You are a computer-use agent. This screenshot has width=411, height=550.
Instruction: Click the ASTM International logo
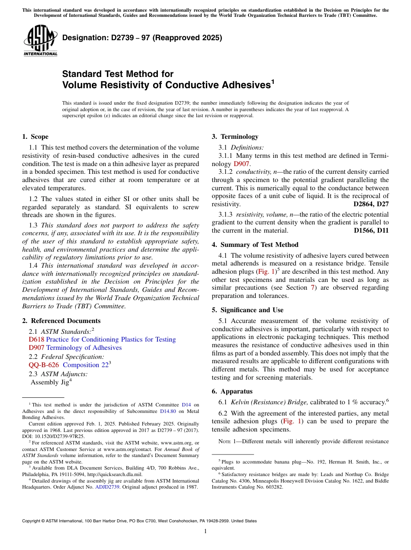tap(40, 41)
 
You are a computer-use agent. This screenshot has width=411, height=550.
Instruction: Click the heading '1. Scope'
tap(35, 137)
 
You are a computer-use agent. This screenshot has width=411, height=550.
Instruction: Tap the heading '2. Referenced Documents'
tap(61, 321)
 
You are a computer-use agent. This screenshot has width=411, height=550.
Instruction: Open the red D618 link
tap(36, 339)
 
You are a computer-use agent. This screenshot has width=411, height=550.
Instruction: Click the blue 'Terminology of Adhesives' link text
tap(84, 348)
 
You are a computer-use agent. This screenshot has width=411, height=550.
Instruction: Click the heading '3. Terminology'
tap(234, 137)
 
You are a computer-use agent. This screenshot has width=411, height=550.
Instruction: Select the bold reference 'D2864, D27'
tap(371, 204)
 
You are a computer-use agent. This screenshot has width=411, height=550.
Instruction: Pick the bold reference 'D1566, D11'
tap(371, 230)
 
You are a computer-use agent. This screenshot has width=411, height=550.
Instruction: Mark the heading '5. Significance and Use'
tap(247, 310)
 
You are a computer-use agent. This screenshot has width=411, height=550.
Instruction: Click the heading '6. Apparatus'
tap(232, 391)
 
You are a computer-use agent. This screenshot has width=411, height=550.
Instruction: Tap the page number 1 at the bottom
tap(205, 531)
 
